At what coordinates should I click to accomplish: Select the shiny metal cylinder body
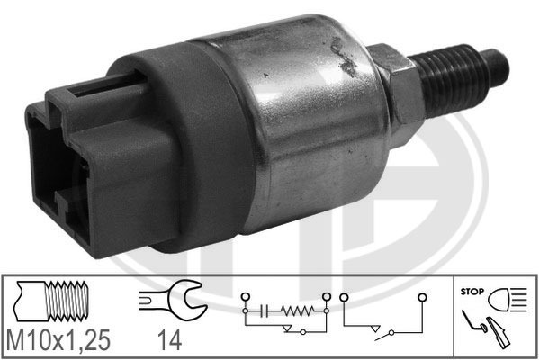(x=306, y=117)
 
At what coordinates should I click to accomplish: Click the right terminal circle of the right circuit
(x=421, y=295)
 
